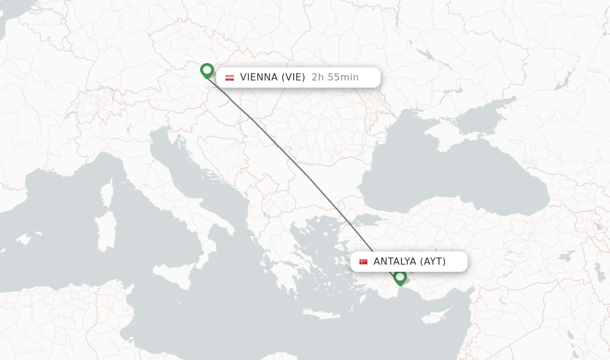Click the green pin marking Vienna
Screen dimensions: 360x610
pyautogui.click(x=207, y=70)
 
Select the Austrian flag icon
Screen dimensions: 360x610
pyautogui.click(x=229, y=77)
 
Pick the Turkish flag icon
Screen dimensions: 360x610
pyautogui.click(x=363, y=262)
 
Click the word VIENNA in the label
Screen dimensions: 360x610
pyautogui.click(x=259, y=77)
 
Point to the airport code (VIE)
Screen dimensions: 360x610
pyautogui.click(x=294, y=77)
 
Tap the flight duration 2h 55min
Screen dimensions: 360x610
pyautogui.click(x=335, y=77)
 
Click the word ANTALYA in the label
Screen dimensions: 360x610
pyautogui.click(x=395, y=262)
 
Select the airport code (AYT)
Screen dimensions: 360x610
pyautogui.click(x=433, y=262)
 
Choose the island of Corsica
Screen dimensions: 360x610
pyautogui.click(x=108, y=194)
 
